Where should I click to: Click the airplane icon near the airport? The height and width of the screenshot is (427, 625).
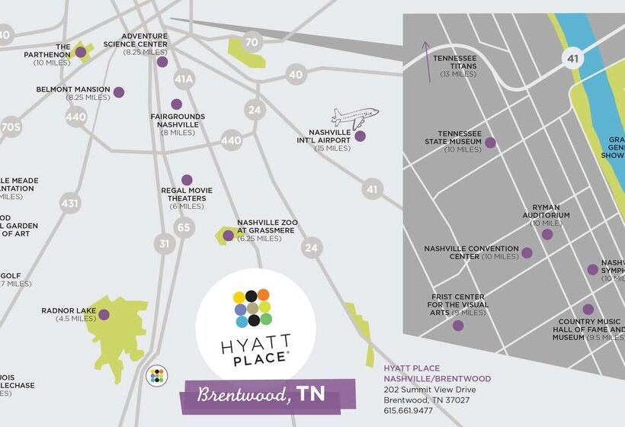pos(354,118)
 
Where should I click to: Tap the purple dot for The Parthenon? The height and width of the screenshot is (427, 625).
pos(80,52)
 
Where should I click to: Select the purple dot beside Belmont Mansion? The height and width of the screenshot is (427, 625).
pos(118,92)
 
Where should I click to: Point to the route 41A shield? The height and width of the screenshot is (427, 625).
pos(184,79)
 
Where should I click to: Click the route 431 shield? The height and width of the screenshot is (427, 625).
pos(70,204)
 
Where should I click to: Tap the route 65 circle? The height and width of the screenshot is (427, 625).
pos(184,226)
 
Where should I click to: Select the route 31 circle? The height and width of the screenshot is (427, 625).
pos(164,243)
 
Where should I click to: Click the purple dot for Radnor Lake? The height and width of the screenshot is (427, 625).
pos(104,314)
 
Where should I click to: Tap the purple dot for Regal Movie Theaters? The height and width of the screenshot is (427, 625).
pos(187,180)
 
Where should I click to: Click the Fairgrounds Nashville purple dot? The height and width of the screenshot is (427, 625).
pos(177,104)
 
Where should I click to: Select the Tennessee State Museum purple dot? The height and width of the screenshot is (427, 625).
pos(490,143)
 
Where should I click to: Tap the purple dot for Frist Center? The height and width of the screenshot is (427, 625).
pos(458,326)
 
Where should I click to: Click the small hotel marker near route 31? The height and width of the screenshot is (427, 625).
pos(156,374)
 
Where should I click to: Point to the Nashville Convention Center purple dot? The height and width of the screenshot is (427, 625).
pos(527,252)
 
